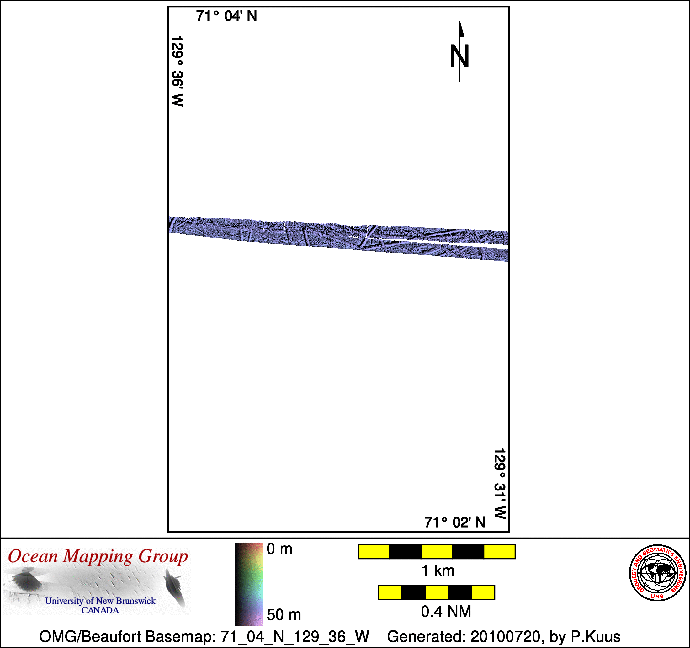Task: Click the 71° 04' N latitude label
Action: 226,16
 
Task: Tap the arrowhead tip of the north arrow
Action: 460,21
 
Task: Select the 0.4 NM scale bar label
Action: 446,612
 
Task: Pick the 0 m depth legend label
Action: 279,549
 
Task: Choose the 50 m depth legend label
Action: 284,615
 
